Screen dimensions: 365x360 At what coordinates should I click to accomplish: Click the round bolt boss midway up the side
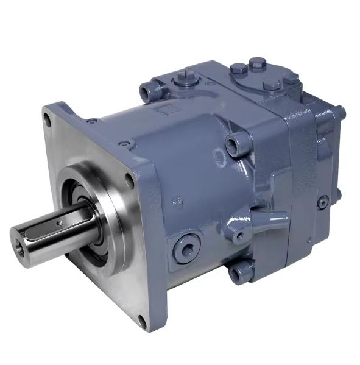click(235, 146)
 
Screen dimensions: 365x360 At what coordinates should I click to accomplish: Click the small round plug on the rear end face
click(322, 202)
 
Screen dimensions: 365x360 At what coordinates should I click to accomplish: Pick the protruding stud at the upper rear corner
click(340, 113)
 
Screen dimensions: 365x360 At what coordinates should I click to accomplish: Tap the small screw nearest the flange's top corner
click(91, 121)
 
